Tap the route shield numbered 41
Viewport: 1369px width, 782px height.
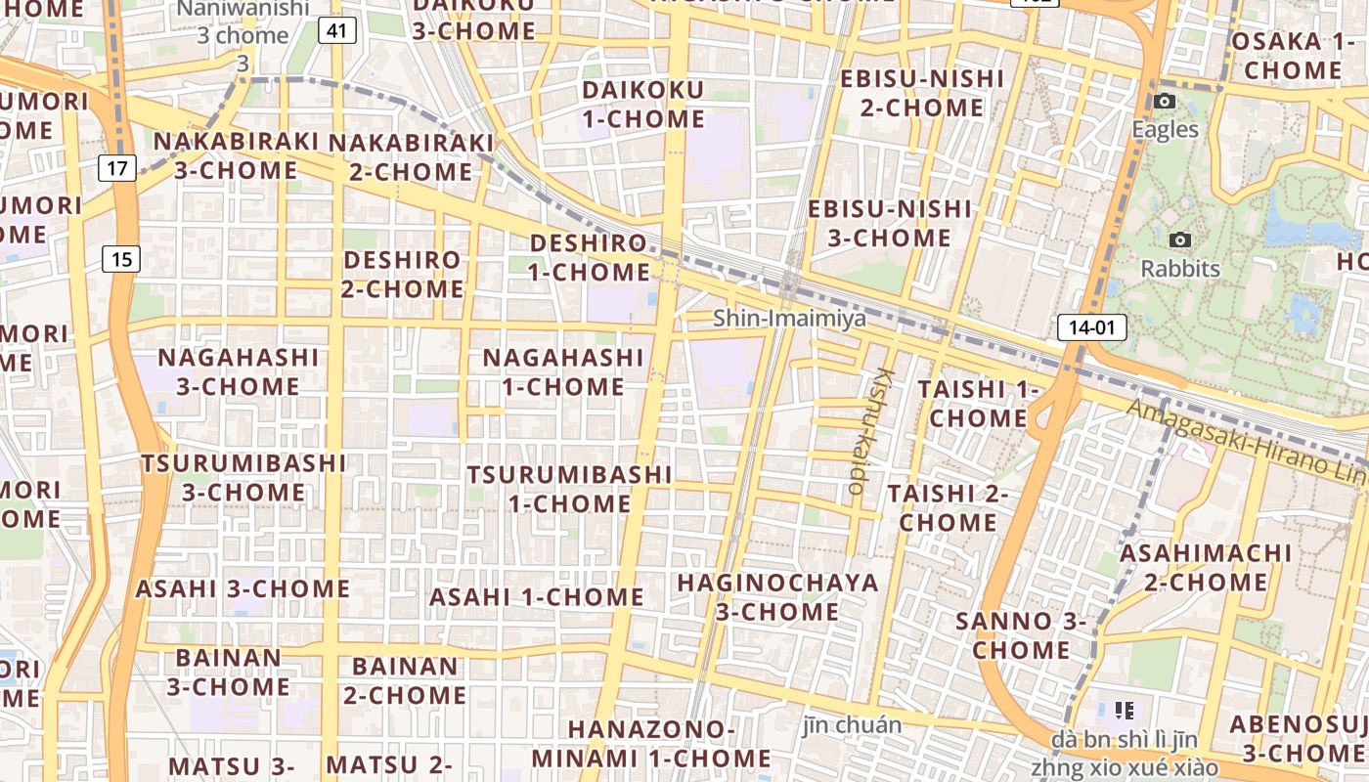tap(336, 31)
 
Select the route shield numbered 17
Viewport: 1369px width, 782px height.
tap(116, 168)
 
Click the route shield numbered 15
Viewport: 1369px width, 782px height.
tap(121, 259)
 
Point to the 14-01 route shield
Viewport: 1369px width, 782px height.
tap(1091, 327)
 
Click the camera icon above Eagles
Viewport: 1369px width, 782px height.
tap(1164, 101)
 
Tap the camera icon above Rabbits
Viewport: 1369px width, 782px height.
tap(1180, 240)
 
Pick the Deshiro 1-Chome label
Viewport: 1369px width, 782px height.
tap(590, 257)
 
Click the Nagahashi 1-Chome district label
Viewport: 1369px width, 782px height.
tap(563, 371)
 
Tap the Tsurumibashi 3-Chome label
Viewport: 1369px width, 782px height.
tap(243, 477)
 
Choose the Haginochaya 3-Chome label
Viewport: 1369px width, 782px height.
tap(778, 597)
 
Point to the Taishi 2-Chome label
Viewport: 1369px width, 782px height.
tap(948, 507)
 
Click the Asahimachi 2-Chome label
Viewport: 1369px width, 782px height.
tap(1206, 568)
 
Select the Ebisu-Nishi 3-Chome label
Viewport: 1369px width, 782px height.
tap(890, 223)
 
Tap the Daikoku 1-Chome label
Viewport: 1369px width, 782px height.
tap(643, 105)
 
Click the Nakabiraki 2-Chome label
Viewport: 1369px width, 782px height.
tap(411, 156)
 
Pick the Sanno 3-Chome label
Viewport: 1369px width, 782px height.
tap(1021, 635)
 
